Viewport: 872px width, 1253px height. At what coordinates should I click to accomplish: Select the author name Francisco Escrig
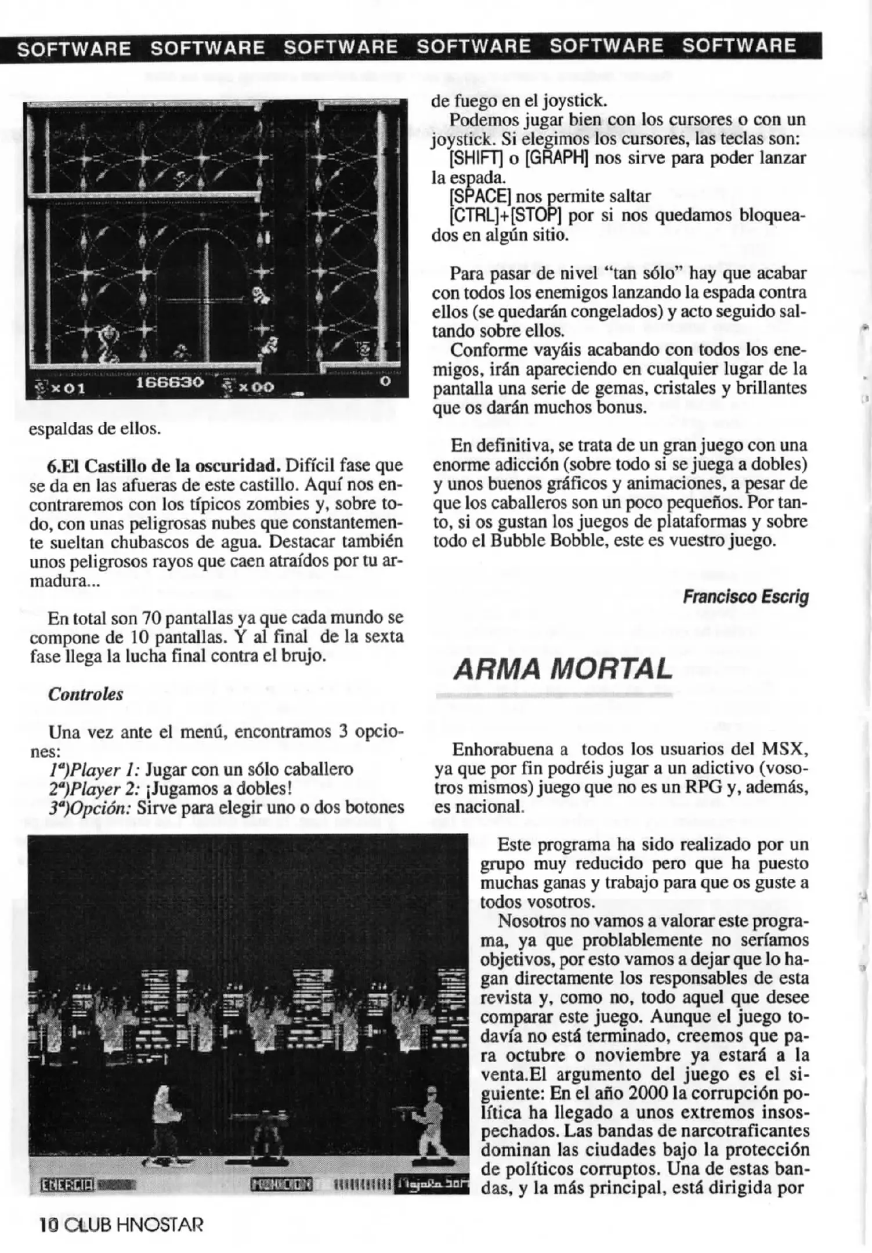click(x=745, y=596)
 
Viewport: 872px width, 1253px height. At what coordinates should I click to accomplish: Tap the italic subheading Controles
click(x=86, y=694)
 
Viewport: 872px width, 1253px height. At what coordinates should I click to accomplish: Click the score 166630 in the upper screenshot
click(x=169, y=383)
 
